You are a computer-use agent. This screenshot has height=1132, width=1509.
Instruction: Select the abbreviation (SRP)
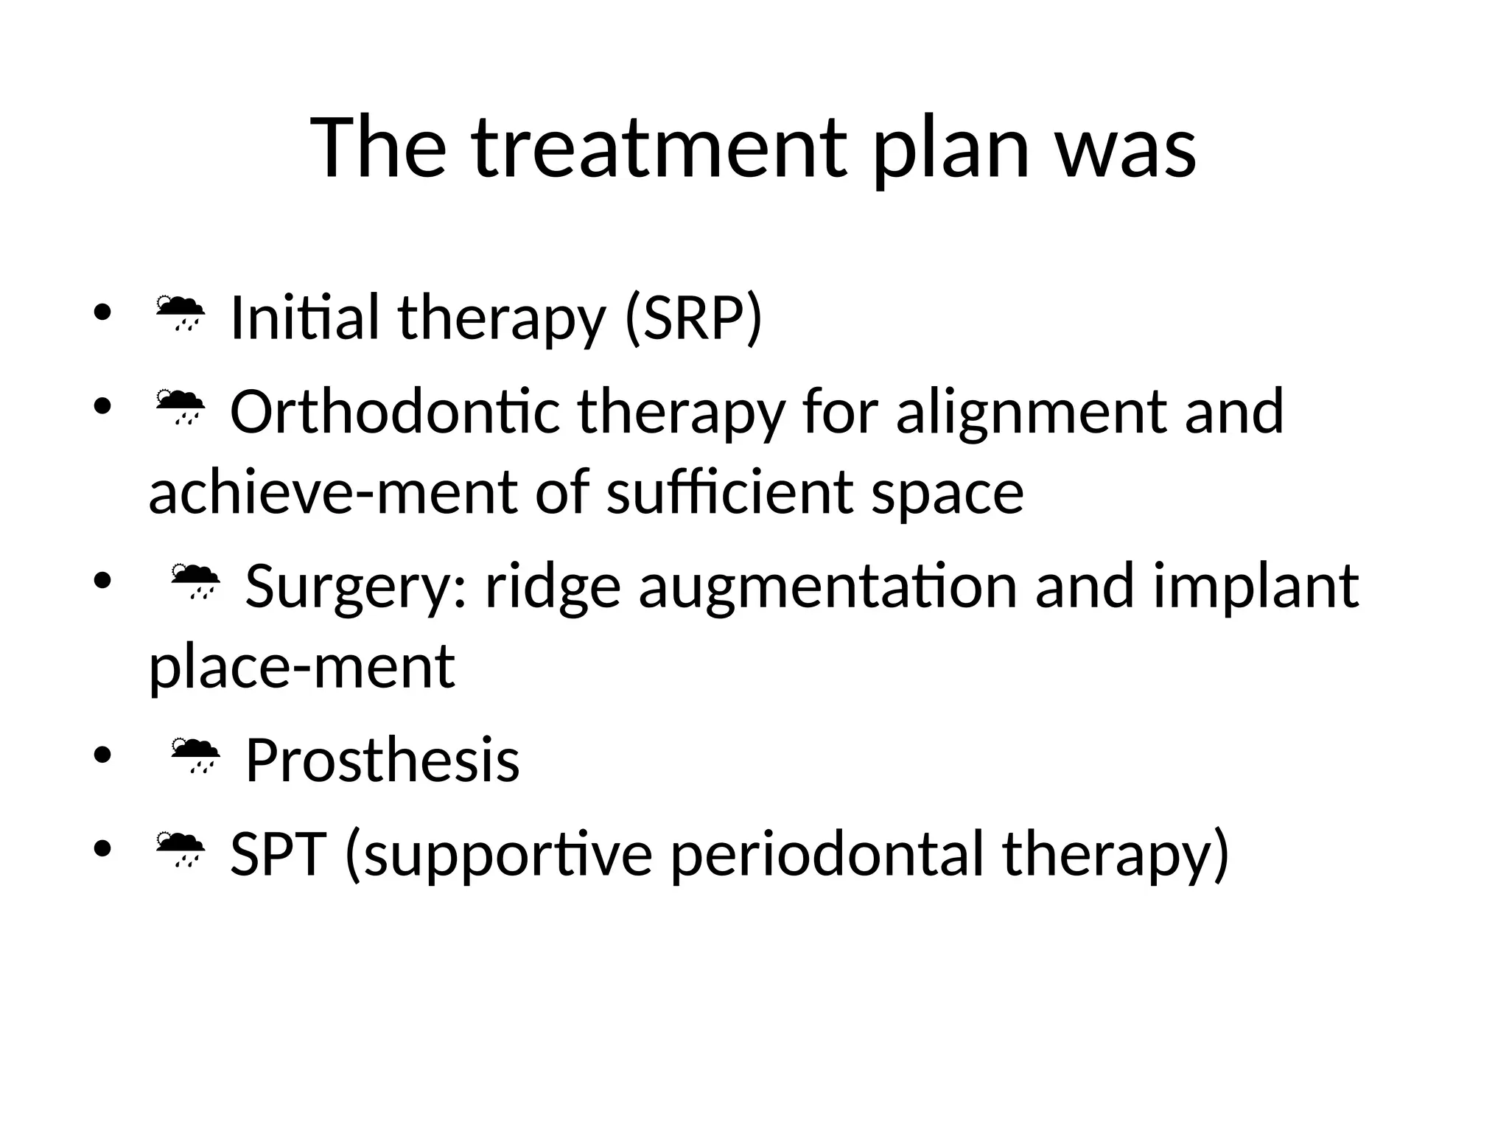tap(693, 318)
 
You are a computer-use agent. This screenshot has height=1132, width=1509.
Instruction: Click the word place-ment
tap(302, 668)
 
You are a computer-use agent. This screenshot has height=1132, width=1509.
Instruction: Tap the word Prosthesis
tap(382, 760)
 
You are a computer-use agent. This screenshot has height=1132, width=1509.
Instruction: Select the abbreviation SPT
tap(278, 853)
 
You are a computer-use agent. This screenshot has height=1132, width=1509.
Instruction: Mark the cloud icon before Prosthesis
tap(195, 755)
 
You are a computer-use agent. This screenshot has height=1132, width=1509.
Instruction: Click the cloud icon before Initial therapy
tap(180, 313)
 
